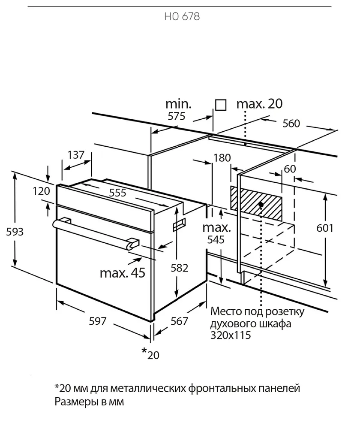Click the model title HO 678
click(x=182, y=17)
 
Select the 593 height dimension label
click(x=15, y=232)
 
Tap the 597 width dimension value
click(x=98, y=321)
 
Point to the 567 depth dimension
click(x=179, y=321)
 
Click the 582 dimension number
click(x=179, y=268)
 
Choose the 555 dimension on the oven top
click(x=117, y=193)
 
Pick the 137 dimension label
click(x=76, y=155)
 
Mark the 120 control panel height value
click(x=41, y=191)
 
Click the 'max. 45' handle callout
click(x=123, y=273)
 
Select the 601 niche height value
click(x=325, y=228)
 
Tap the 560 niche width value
click(x=291, y=124)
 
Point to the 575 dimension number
click(x=176, y=116)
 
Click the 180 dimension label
click(x=222, y=158)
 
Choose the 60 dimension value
click(x=290, y=169)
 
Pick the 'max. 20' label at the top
click(x=259, y=104)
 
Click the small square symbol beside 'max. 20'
click(x=221, y=105)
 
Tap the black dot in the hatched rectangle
click(x=261, y=204)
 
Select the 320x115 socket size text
click(x=231, y=335)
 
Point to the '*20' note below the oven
click(x=150, y=354)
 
